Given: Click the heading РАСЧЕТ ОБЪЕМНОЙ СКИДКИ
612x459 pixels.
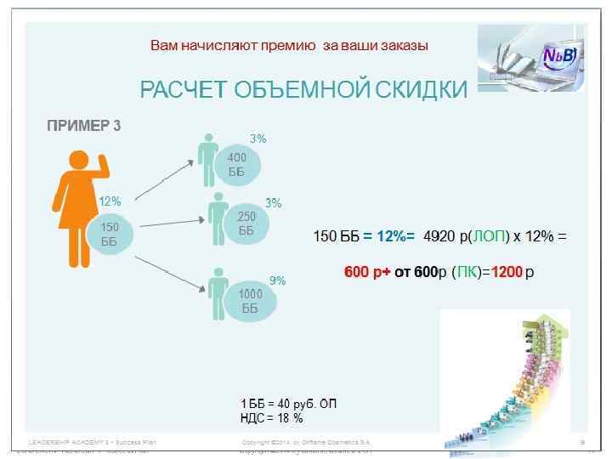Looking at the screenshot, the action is point(303,90).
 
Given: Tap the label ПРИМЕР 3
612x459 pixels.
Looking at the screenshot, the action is point(83,127).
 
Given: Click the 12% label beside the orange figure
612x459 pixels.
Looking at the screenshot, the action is point(110,202).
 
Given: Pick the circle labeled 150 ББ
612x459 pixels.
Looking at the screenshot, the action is point(110,234).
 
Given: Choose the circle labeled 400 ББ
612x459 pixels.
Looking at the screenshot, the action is point(237,165).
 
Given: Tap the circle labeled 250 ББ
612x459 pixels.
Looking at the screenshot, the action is point(246,224).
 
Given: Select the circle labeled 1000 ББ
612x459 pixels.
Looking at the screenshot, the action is point(249,301).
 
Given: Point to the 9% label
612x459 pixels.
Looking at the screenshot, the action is point(278,280).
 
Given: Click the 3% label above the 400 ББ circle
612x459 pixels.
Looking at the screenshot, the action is point(258,138).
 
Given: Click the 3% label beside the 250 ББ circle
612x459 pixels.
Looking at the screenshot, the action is point(274,204).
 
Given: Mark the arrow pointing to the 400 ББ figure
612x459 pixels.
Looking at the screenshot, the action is point(161,180).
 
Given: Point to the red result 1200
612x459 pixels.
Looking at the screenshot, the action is point(507,273).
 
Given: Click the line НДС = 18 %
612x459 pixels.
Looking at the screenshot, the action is point(272,418).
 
